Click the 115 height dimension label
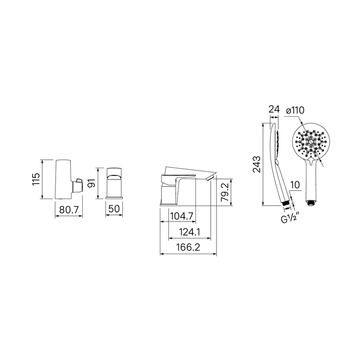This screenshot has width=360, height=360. (x=36, y=179)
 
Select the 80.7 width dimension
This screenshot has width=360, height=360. (x=69, y=209)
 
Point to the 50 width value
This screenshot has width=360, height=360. (x=114, y=209)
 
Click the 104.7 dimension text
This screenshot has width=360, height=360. (x=182, y=216)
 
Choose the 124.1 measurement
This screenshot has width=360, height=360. (x=189, y=232)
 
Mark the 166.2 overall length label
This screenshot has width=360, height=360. (x=188, y=247)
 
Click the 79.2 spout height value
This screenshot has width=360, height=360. (x=225, y=192)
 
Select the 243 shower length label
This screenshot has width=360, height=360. (x=257, y=164)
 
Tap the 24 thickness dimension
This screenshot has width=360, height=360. (x=274, y=110)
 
